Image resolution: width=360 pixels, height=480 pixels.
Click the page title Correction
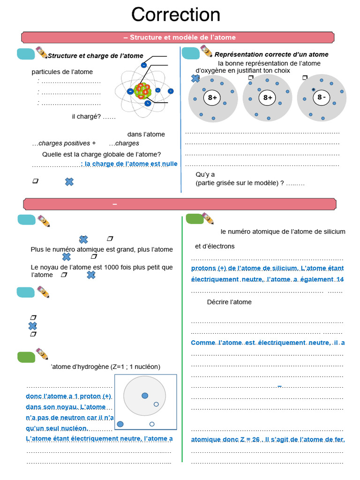pos(176,15)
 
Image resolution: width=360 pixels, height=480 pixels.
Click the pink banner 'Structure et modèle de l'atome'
pos(180,37)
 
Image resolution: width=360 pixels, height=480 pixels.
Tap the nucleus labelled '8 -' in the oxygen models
pos(322,97)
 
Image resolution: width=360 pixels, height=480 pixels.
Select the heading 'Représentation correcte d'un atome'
pos(271,55)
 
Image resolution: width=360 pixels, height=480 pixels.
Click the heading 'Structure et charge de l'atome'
pos(96,56)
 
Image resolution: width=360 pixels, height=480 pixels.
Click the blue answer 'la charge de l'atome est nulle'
pos(129,164)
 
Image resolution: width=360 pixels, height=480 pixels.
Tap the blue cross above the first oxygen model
pos(195,79)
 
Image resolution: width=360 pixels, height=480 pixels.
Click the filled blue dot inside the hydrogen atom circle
pos(145,396)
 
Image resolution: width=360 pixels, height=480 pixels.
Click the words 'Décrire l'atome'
pos(229,302)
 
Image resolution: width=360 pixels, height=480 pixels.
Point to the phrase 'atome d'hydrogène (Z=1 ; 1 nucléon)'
pos(105,367)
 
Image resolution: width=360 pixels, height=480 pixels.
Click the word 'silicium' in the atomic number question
pos(333,232)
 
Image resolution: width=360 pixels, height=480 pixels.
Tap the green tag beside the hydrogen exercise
pos(26,357)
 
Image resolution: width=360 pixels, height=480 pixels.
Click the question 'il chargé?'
pos(94,117)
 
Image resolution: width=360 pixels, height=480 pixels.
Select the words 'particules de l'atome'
pos(62,72)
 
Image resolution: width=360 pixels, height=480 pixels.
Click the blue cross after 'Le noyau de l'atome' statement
pos(91,275)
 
